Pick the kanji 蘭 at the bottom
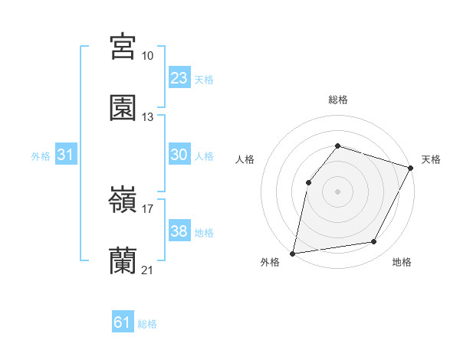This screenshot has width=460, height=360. tap(123, 261)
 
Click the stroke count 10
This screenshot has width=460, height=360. tap(147, 56)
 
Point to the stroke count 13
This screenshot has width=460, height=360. tap(147, 117)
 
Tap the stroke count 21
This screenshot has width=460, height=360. tap(147, 270)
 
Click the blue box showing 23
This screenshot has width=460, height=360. tap(179, 78)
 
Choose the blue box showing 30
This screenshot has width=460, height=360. tap(179, 155)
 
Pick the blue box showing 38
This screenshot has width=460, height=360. tap(179, 231)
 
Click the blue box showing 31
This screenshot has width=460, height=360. tap(66, 155)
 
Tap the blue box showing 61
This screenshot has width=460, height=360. tap(123, 322)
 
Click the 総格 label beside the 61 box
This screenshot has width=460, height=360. tap(147, 324)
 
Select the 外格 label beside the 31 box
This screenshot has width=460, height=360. tap(41, 156)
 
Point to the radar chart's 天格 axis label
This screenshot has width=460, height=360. tap(432, 159)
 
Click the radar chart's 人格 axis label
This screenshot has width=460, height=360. tap(245, 159)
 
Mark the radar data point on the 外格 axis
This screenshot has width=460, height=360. tap(293, 253)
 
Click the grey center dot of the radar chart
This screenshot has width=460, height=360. tap(337, 191)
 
